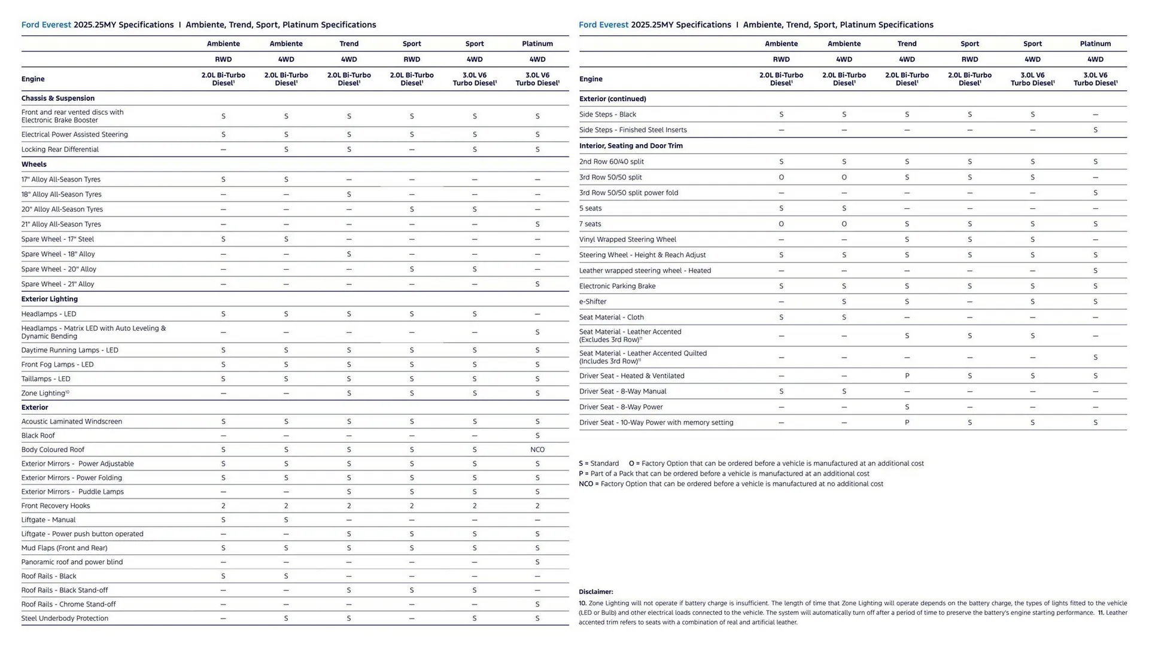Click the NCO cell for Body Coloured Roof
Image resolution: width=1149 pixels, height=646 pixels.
pyautogui.click(x=537, y=450)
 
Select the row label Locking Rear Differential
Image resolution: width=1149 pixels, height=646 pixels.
pyautogui.click(x=60, y=150)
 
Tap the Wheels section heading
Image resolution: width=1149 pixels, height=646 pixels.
pyautogui.click(x=34, y=164)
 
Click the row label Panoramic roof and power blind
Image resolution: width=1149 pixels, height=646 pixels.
pyautogui.click(x=72, y=562)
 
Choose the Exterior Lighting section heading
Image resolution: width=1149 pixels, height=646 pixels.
pyautogui.click(x=50, y=299)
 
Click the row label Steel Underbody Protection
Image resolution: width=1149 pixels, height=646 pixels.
pyautogui.click(x=65, y=618)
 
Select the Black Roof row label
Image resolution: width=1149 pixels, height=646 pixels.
pyautogui.click(x=38, y=436)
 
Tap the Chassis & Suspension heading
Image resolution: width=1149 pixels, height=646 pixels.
pyautogui.click(x=58, y=99)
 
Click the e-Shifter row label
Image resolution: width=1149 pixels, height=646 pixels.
pyautogui.click(x=592, y=302)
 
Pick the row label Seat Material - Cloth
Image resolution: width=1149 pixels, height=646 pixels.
pyautogui.click(x=611, y=318)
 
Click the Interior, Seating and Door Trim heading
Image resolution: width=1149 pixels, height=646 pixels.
pyautogui.click(x=631, y=146)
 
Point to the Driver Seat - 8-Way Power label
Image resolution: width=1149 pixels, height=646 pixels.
pyautogui.click(x=621, y=407)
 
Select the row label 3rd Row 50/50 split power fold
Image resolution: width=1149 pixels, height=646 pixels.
pyautogui.click(x=628, y=193)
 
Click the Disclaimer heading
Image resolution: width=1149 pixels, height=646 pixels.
pyautogui.click(x=595, y=592)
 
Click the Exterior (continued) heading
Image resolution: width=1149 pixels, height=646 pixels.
pyautogui.click(x=612, y=99)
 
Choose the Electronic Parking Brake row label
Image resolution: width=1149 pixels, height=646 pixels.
pyautogui.click(x=617, y=287)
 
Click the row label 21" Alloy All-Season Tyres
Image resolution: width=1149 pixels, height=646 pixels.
pyautogui.click(x=61, y=224)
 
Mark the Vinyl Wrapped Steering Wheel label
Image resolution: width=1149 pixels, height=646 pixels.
pyautogui.click(x=627, y=240)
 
